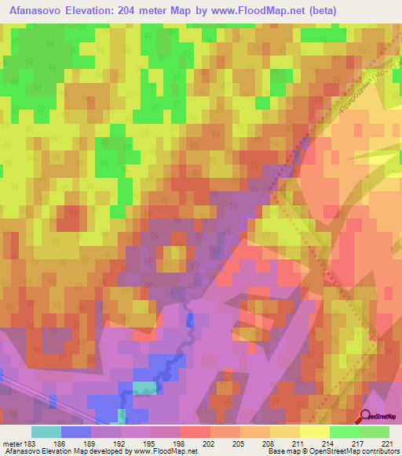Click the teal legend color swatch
pos(46,432)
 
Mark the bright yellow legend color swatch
pos(314,432)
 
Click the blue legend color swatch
pos(76,432)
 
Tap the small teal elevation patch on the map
pos(144,388)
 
